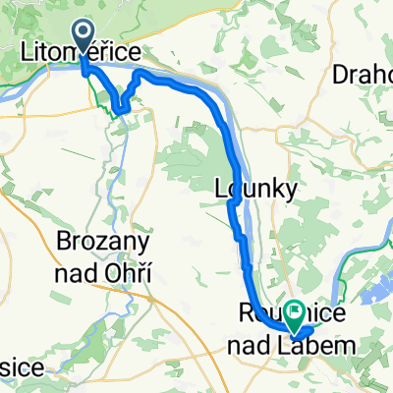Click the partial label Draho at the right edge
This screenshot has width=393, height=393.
(364, 74)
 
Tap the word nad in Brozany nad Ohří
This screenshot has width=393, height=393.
(82, 271)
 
